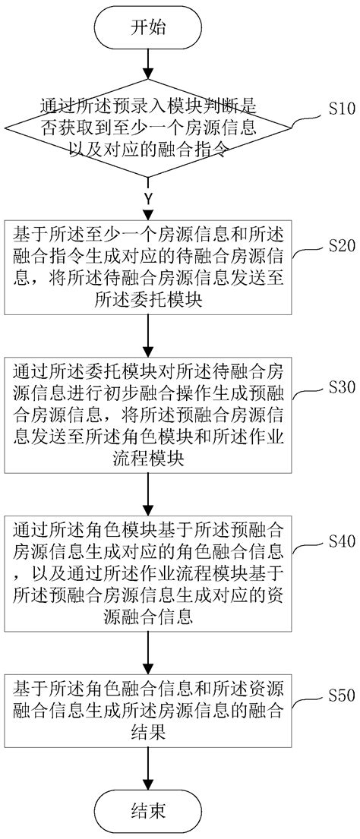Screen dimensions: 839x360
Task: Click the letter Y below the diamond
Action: pos(148,200)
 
